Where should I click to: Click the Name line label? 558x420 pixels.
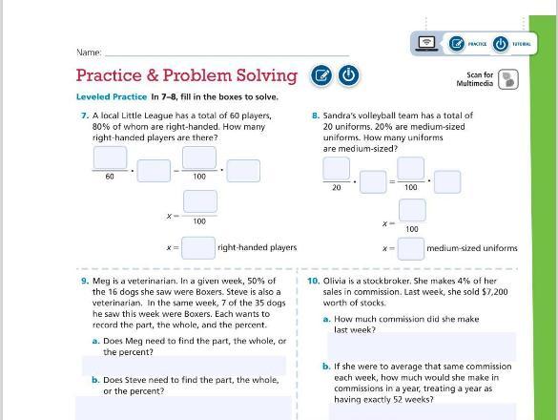[x=89, y=52]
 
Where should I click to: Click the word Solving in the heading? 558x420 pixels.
[x=266, y=75]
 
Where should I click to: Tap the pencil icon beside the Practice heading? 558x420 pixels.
[x=321, y=75]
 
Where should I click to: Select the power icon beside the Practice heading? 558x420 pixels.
[x=348, y=75]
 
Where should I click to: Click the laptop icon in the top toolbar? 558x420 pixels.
[x=426, y=44]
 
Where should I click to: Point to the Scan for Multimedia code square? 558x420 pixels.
[x=508, y=79]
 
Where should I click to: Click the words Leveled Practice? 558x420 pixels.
[x=112, y=97]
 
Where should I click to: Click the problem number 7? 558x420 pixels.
[x=85, y=115]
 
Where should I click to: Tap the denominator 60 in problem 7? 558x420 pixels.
[x=110, y=177]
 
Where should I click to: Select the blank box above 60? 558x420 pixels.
[x=110, y=157]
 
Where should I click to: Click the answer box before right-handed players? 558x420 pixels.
[x=198, y=248]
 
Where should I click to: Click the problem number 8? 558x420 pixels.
[x=316, y=115]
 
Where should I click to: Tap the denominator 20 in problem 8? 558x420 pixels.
[x=337, y=187]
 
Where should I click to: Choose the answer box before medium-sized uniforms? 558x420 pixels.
[x=411, y=248]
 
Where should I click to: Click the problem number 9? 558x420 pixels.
[x=85, y=281]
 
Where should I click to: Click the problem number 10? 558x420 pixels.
[x=314, y=281]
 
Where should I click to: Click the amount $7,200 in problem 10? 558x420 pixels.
[x=495, y=292]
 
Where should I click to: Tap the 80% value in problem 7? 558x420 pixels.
[x=101, y=127]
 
